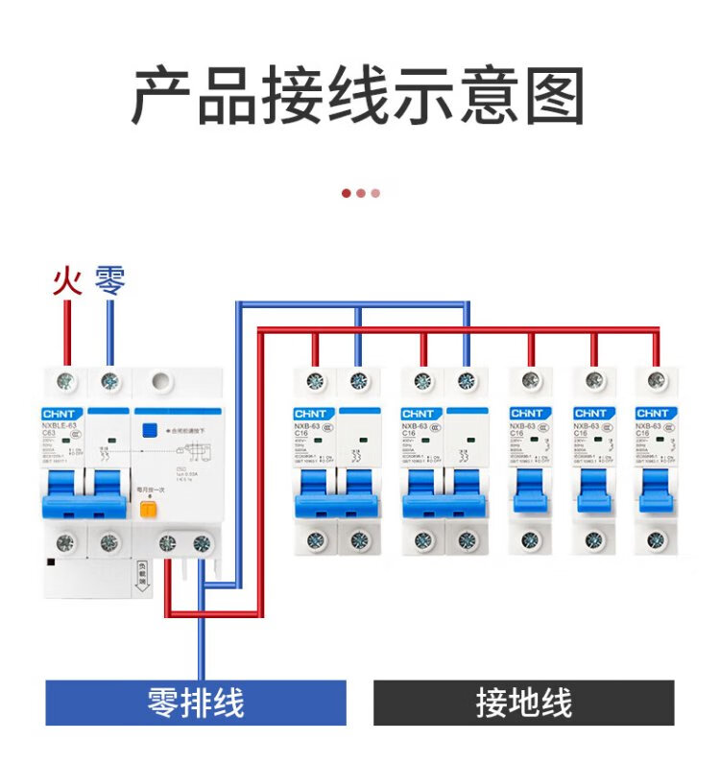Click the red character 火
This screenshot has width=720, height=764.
tap(66, 280)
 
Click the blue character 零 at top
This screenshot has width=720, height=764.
tap(109, 280)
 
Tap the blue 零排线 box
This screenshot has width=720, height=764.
tap(196, 703)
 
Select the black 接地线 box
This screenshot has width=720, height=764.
tap(523, 703)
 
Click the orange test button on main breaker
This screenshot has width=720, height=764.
tap(149, 509)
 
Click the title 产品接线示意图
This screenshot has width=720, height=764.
tap(358, 96)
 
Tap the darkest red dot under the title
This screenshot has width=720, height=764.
tap(347, 193)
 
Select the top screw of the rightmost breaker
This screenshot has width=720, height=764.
tap(656, 382)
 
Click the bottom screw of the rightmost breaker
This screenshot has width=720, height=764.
tap(656, 540)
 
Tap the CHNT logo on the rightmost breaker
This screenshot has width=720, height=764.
tap(654, 413)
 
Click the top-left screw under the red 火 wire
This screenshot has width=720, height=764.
tap(67, 382)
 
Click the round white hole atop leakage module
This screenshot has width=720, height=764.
tap(163, 381)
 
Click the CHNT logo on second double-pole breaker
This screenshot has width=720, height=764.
tap(420, 413)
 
